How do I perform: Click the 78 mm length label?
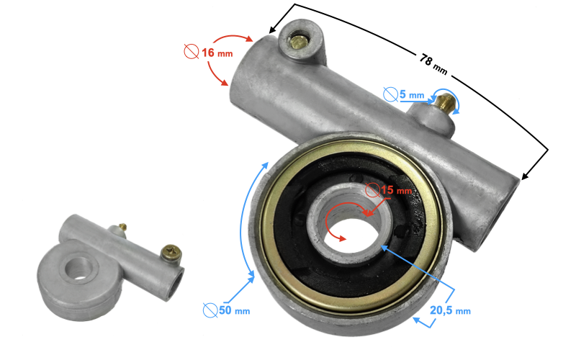click(x=434, y=65)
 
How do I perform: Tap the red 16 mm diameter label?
click(x=217, y=53)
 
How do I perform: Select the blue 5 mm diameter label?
click(x=412, y=95)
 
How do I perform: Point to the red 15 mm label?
click(x=397, y=190)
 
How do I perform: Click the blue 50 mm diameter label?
click(x=235, y=310)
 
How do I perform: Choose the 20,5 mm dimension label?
click(x=450, y=310)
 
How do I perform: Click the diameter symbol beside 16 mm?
click(x=192, y=51)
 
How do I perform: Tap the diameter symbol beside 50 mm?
click(x=210, y=310)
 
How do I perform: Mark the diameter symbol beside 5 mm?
click(x=390, y=94)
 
